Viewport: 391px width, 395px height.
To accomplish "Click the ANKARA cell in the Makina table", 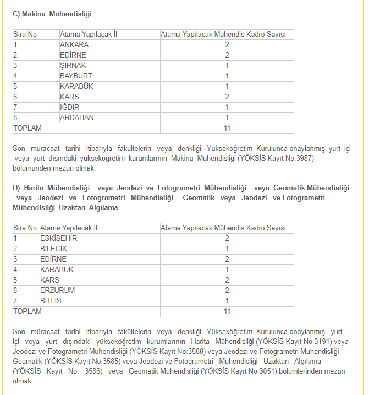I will point(74,44).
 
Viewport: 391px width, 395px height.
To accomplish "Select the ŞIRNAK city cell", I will point(73,65).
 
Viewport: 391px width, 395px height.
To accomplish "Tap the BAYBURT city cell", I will point(76,76).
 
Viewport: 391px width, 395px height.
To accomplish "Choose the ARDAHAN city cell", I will point(77,117).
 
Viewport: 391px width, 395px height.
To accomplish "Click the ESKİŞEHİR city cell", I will point(59,238).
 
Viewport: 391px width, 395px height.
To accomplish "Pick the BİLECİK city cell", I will point(53,249).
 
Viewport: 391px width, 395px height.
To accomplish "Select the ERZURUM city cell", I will point(57,290).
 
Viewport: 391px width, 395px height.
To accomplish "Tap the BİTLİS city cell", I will point(51,301).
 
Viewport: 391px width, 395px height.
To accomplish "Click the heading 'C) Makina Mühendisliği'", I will point(52,13).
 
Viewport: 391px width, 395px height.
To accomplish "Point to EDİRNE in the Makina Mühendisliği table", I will point(73,55).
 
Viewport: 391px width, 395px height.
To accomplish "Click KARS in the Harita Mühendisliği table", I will point(49,280).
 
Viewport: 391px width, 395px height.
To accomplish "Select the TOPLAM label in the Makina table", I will point(27,128).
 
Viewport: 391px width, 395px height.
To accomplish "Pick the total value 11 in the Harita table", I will point(227,311).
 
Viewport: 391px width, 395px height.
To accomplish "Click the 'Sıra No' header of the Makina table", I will point(25,34).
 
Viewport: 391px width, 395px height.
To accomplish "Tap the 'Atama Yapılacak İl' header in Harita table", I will point(69,228).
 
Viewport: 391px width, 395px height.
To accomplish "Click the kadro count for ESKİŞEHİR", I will point(227,238).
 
